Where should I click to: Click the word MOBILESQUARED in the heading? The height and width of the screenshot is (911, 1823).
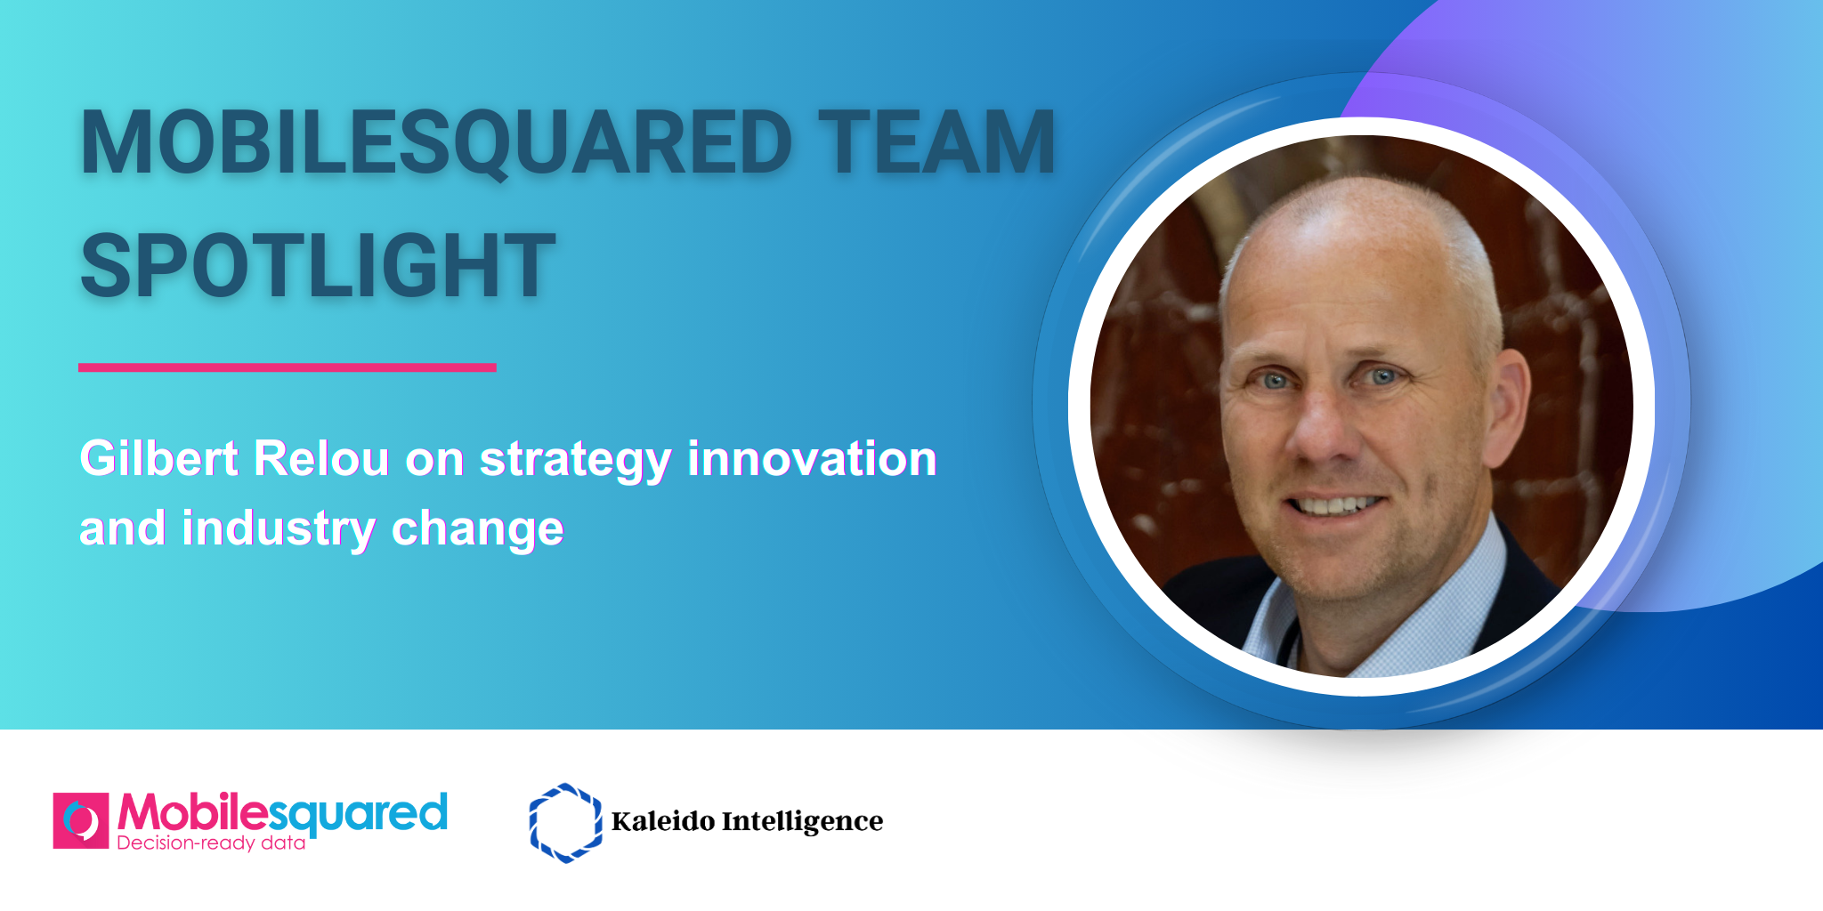tap(436, 142)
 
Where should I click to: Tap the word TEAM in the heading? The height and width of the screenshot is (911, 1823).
tap(936, 142)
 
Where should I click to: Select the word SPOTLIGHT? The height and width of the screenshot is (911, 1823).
tap(318, 264)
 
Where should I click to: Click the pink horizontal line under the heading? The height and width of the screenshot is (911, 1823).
tap(287, 367)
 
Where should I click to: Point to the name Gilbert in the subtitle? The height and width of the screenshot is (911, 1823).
tap(159, 459)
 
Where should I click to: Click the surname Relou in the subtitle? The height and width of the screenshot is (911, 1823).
tap(321, 459)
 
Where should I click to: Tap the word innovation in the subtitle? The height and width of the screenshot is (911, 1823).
tap(812, 459)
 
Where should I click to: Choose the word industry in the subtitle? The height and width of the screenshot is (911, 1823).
tap(279, 528)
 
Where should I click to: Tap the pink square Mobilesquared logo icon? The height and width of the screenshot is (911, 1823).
tap(81, 820)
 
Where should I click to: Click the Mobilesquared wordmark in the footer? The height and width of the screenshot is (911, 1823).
tap(282, 813)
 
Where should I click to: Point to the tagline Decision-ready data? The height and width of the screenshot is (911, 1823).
tap(211, 842)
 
